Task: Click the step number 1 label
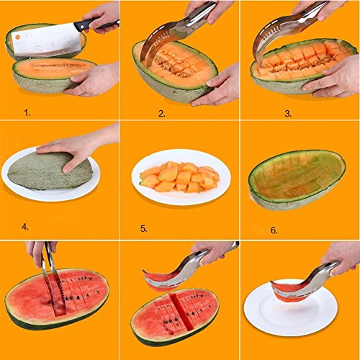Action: [x=27, y=112]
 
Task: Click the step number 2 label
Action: [x=162, y=113]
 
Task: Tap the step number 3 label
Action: [x=288, y=113]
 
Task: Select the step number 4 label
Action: [x=25, y=227]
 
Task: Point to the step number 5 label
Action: [x=143, y=229]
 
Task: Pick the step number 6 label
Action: [x=274, y=230]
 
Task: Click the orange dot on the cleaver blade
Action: [x=17, y=37]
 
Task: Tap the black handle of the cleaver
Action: [x=96, y=24]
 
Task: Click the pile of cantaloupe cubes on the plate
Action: [x=179, y=176]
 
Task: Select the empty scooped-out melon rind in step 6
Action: [x=297, y=180]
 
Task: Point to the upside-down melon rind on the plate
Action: [x=50, y=171]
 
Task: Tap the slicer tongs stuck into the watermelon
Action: [x=53, y=276]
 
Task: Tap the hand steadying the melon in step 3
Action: [x=333, y=77]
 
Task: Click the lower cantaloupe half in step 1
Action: [x=54, y=74]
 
